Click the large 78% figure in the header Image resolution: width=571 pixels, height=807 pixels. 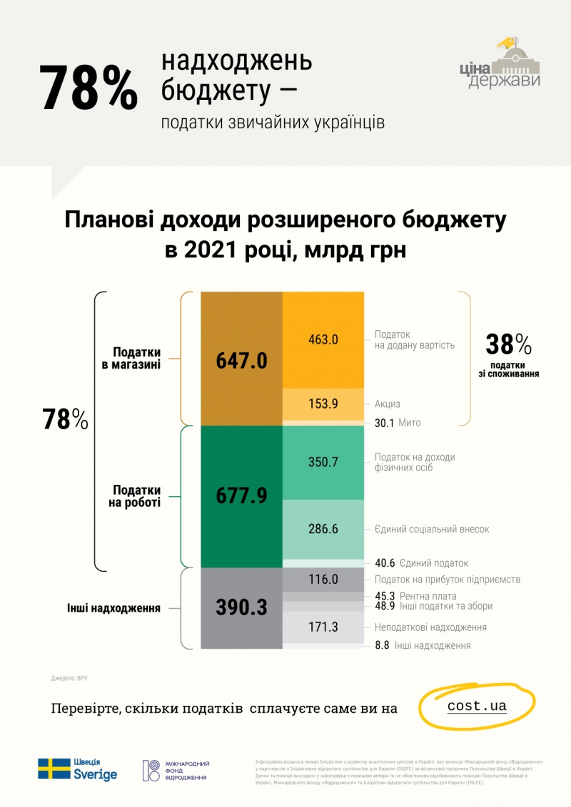(x=89, y=87)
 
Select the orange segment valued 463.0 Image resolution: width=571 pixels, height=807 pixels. (x=323, y=339)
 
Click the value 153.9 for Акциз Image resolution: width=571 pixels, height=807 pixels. (x=323, y=403)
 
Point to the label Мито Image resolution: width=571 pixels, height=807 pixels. (x=409, y=423)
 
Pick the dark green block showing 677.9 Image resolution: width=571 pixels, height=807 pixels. (x=241, y=495)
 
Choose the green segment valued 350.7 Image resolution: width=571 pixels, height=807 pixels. (x=323, y=462)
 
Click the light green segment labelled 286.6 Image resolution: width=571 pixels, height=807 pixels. (x=323, y=529)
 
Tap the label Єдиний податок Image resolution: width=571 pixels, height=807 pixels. (x=434, y=562)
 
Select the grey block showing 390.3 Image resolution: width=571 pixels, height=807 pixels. (x=241, y=607)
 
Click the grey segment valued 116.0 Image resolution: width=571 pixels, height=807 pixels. (x=323, y=580)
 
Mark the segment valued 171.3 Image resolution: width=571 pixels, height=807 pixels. (x=323, y=627)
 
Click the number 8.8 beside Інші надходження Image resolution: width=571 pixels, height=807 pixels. (x=382, y=645)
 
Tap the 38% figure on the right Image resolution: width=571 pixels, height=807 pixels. (x=508, y=345)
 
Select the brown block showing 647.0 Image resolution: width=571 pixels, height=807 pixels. (x=241, y=359)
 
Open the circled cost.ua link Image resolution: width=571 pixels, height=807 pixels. (x=477, y=706)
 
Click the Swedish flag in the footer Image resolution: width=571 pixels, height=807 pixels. (x=54, y=769)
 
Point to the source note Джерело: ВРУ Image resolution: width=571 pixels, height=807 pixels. (x=69, y=678)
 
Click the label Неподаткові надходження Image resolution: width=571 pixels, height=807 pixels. (x=430, y=627)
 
